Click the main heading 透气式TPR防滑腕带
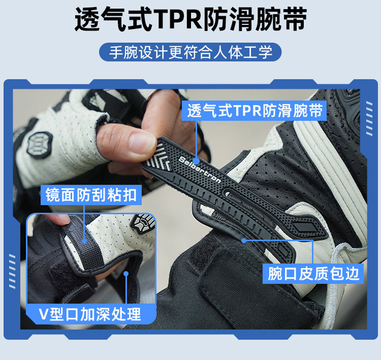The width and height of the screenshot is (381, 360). [x=190, y=19]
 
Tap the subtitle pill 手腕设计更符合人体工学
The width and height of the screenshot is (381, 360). [x=190, y=52]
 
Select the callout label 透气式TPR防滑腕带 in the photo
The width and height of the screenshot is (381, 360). [x=254, y=111]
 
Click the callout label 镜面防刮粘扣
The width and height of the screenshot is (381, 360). [x=91, y=195]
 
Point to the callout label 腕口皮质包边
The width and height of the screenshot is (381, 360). [x=313, y=274]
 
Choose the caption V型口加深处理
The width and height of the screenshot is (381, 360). [x=90, y=314]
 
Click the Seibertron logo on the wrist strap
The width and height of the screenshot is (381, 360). [x=200, y=170]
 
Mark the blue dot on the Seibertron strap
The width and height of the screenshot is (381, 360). [x=196, y=161]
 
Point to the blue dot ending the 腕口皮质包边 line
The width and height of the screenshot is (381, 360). [x=244, y=241]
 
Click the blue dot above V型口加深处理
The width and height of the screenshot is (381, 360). [x=126, y=274]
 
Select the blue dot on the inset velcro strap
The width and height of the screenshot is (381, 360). [x=84, y=241]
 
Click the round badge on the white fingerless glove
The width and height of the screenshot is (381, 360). [x=40, y=145]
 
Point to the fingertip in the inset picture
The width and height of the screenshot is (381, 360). [x=58, y=219]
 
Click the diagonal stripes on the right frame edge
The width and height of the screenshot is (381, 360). [x=369, y=118]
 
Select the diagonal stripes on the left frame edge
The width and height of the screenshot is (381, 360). [x=12, y=271]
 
